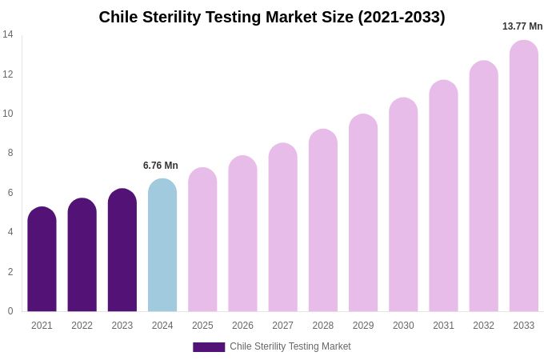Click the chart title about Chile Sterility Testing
(272, 17)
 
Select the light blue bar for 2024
(162, 246)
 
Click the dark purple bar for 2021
(42, 260)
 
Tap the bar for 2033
(524, 176)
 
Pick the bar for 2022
(82, 256)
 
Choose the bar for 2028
(323, 221)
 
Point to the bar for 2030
(403, 206)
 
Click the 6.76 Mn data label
(161, 166)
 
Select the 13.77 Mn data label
(522, 26)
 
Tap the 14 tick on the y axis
(8, 34)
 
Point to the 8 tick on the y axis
(10, 153)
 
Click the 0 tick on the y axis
(10, 311)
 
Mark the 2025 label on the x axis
(202, 326)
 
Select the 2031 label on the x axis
(443, 326)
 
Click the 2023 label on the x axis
(122, 326)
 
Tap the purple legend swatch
(209, 347)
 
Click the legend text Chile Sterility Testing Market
(290, 346)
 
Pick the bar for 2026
(242, 234)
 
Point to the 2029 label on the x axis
(363, 326)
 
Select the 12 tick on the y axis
(8, 74)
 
